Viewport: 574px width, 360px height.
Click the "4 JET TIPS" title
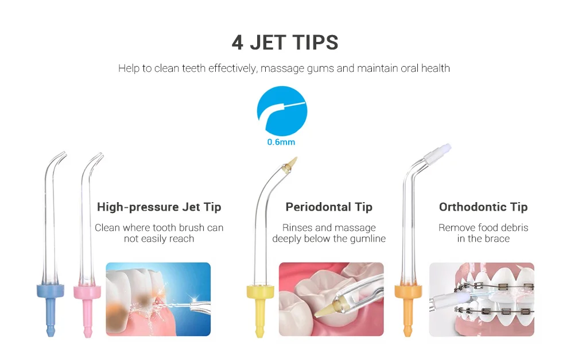click(285, 42)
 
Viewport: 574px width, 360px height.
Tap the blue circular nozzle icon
click(282, 111)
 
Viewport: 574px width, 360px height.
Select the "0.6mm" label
click(281, 142)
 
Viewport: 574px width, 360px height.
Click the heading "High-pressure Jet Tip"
click(159, 207)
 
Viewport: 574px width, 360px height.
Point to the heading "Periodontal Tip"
click(329, 207)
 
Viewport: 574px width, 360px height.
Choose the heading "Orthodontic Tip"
click(483, 207)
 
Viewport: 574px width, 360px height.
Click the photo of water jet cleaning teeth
click(158, 299)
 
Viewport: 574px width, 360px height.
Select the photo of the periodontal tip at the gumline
click(331, 299)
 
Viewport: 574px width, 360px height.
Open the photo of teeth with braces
click(482, 299)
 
